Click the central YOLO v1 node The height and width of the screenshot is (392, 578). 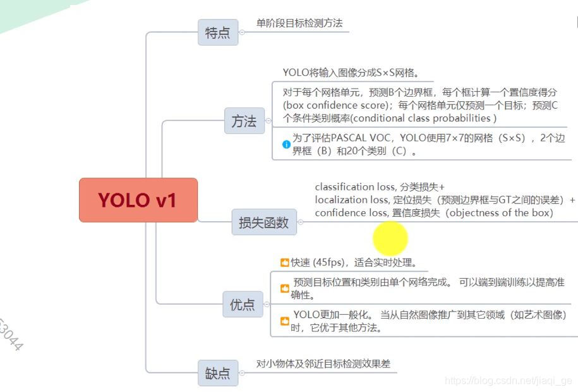point(138,200)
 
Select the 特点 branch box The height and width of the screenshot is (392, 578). point(218,32)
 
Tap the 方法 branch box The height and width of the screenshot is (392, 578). point(244,121)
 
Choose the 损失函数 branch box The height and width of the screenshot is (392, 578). point(263,222)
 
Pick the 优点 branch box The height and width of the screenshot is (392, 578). point(242,305)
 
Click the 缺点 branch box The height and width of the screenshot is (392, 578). point(218,373)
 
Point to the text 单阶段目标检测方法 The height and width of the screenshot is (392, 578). point(299,23)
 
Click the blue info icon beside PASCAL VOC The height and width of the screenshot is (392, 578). point(286,145)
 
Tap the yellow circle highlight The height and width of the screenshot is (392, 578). point(390,238)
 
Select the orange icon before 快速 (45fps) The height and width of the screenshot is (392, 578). point(284,262)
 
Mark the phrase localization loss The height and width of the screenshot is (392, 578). point(350,200)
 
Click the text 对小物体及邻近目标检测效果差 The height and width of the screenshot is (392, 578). point(323,364)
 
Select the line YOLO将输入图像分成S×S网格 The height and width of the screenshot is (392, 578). point(351,72)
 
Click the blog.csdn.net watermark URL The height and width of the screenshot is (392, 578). point(508,380)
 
